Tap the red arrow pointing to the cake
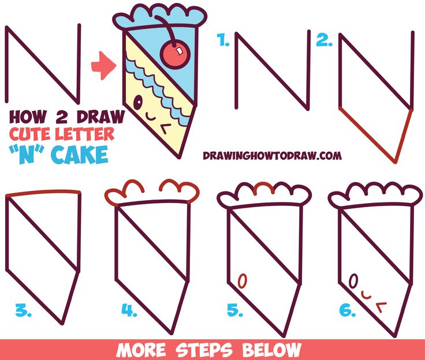click(105, 66)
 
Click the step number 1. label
click(222, 40)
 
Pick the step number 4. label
click(129, 312)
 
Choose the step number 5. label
click(234, 312)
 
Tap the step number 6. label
click(346, 312)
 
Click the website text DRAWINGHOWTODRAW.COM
click(271, 155)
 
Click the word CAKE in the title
click(84, 155)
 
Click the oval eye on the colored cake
click(138, 103)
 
